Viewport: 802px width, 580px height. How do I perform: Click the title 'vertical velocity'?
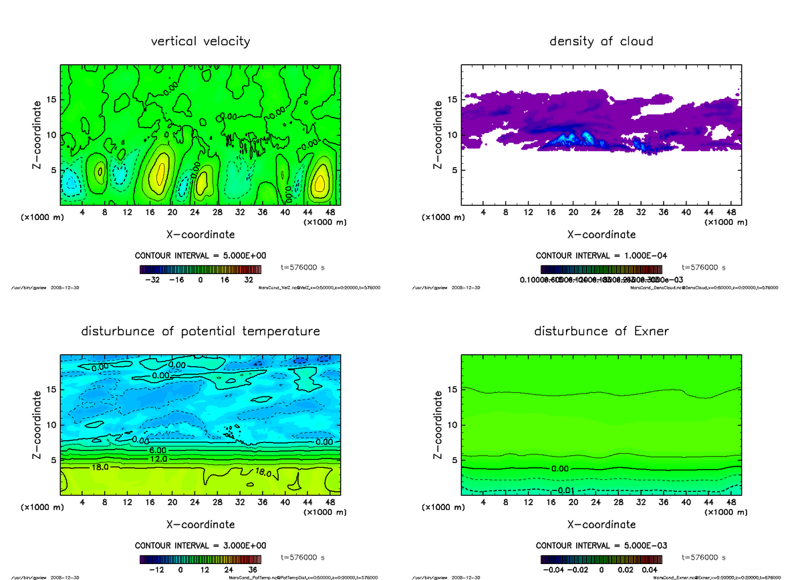(x=200, y=41)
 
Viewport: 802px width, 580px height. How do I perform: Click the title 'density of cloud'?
(x=601, y=41)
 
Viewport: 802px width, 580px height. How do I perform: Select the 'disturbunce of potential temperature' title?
(x=200, y=331)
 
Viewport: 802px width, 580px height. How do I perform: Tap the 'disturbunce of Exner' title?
(x=601, y=331)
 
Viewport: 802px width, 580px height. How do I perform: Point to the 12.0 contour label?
(x=159, y=459)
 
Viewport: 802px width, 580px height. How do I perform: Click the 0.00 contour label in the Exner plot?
(x=560, y=468)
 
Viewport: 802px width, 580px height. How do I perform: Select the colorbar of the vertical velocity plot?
(x=200, y=269)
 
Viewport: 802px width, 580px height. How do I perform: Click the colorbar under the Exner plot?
(x=601, y=559)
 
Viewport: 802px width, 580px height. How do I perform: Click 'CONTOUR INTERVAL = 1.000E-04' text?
(x=601, y=256)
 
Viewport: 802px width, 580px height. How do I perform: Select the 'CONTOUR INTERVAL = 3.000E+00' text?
(x=200, y=546)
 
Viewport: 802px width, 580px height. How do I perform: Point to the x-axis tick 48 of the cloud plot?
(x=730, y=213)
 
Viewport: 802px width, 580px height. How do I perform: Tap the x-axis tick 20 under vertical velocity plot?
(x=172, y=213)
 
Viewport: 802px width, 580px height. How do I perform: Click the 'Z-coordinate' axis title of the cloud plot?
(x=438, y=134)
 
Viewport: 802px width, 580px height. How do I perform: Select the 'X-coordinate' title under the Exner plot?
(x=601, y=525)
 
